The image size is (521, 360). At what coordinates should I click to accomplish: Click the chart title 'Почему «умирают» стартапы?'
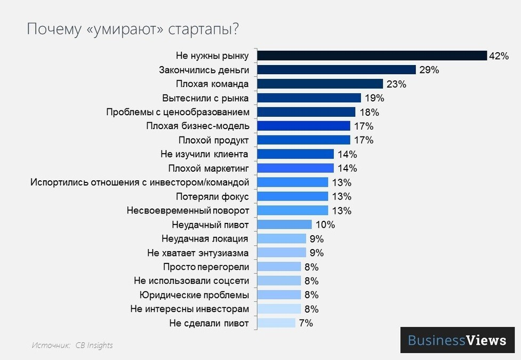tap(133, 29)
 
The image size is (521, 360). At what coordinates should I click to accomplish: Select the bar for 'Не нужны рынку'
tap(372, 56)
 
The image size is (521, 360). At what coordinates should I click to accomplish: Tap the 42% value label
tap(499, 56)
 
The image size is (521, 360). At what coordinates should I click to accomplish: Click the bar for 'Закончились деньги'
tap(336, 70)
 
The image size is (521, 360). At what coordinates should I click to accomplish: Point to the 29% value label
tap(429, 70)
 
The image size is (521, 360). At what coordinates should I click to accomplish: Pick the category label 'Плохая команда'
tap(212, 84)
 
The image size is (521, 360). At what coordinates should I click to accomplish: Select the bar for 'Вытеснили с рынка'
tap(309, 98)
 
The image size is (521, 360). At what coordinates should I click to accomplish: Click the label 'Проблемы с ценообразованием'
tap(178, 112)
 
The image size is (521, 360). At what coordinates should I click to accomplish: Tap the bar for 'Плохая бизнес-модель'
tap(303, 126)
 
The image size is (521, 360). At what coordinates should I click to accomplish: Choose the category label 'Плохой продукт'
tap(213, 140)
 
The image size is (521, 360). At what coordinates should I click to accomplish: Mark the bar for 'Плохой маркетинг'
tap(295, 168)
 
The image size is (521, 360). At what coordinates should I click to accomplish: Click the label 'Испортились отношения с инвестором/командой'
tap(140, 182)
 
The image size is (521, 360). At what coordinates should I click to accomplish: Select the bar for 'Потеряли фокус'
tap(292, 196)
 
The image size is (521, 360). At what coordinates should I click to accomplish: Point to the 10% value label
tap(325, 225)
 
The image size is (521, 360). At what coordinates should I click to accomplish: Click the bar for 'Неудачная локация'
tap(282, 238)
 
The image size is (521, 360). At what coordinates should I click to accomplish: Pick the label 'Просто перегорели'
tap(206, 267)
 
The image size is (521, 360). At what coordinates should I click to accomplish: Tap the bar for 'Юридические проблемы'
tap(279, 295)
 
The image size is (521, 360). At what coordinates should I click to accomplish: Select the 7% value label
tap(306, 323)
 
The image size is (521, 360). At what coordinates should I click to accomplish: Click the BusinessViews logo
tap(457, 340)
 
